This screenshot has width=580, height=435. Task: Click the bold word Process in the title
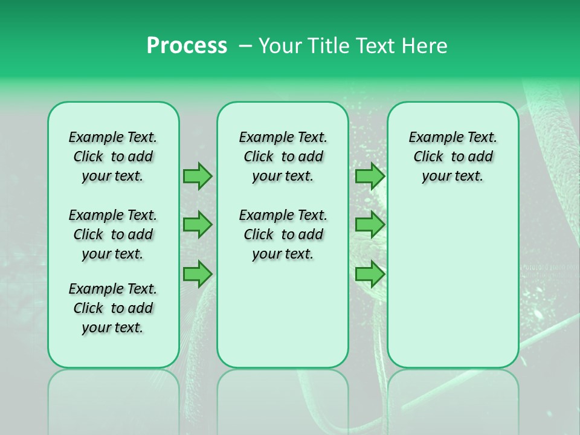pyautogui.click(x=187, y=46)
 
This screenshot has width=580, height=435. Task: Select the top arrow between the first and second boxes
pyautogui.click(x=198, y=176)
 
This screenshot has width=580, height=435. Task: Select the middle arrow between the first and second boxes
pyautogui.click(x=198, y=225)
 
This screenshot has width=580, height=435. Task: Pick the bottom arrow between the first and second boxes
pyautogui.click(x=198, y=273)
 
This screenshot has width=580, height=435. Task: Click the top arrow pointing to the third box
pyautogui.click(x=370, y=176)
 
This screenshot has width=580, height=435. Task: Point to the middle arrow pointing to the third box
pyautogui.click(x=370, y=225)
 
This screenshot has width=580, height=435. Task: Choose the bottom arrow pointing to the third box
pyautogui.click(x=370, y=273)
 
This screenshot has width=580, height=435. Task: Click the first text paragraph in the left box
pyautogui.click(x=113, y=156)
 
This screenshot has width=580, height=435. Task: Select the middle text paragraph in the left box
pyautogui.click(x=113, y=234)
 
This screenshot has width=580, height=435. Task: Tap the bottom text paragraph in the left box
pyautogui.click(x=113, y=308)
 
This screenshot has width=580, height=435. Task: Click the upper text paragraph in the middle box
pyautogui.click(x=283, y=156)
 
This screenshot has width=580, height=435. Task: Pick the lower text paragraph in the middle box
pyautogui.click(x=283, y=234)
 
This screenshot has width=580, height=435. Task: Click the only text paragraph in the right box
pyautogui.click(x=453, y=156)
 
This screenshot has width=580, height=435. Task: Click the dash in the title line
pyautogui.click(x=245, y=46)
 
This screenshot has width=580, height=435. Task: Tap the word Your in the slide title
pyautogui.click(x=280, y=46)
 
